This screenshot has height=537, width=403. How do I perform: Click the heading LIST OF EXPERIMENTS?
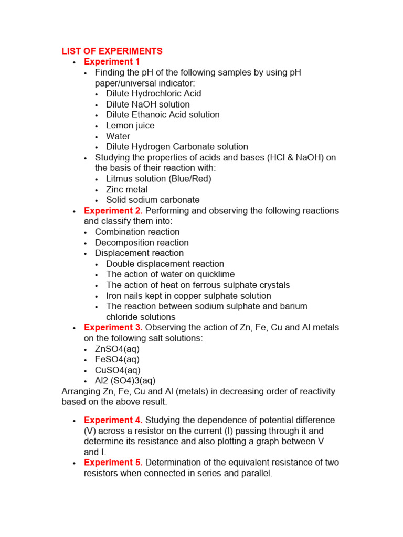(x=112, y=51)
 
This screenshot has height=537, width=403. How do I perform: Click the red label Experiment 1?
(x=112, y=62)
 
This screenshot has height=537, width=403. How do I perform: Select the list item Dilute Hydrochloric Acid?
(x=153, y=93)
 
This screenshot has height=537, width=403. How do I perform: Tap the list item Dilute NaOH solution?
(x=147, y=104)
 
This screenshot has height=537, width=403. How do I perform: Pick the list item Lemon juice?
(x=130, y=125)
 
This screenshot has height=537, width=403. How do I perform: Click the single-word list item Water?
(x=118, y=136)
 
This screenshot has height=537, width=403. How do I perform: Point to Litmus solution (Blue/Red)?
(x=158, y=179)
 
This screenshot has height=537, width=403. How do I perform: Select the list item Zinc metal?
(x=126, y=189)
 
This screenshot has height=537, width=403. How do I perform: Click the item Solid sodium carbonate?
(x=153, y=200)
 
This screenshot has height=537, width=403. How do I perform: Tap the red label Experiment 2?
(x=113, y=211)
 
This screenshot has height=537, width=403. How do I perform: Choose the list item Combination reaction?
(x=137, y=232)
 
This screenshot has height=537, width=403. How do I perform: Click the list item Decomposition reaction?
(x=142, y=243)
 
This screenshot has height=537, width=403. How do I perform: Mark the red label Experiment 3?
(x=113, y=327)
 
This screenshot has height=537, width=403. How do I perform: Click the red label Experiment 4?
(x=113, y=420)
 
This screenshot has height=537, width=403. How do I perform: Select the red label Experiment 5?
(x=113, y=463)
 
